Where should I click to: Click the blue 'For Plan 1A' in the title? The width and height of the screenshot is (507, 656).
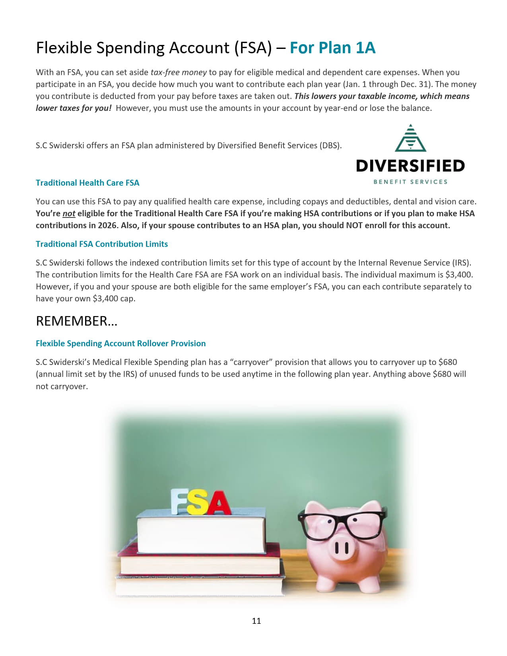[x=332, y=48]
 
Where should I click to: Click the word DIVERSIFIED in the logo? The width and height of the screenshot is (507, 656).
[x=410, y=166]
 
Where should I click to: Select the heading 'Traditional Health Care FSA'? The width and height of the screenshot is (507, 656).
[x=87, y=183]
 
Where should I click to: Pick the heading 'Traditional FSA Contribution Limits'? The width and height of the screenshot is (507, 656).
[x=102, y=244]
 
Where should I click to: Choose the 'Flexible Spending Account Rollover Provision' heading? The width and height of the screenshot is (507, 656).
[x=121, y=344]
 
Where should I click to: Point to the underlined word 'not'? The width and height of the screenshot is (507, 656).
[x=69, y=213]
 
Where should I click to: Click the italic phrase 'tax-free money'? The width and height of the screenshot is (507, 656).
[x=179, y=72]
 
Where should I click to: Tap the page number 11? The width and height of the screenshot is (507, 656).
[x=256, y=621]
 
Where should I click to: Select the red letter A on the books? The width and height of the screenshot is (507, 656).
[x=218, y=503]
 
